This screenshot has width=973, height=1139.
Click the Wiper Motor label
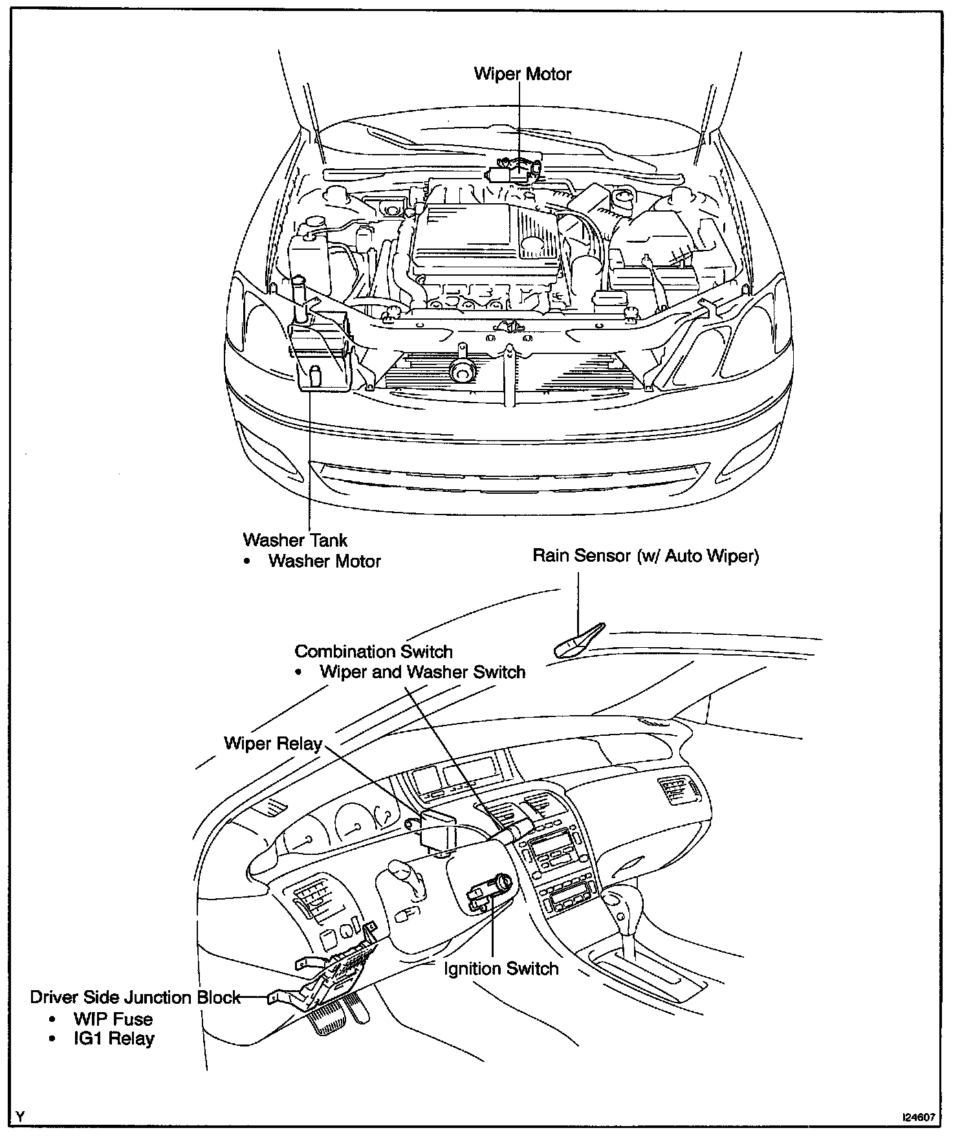[x=523, y=74]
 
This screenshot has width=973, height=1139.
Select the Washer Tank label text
[x=295, y=540]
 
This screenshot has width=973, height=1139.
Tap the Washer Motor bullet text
[x=324, y=560]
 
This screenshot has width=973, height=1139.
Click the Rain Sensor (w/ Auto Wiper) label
[x=645, y=555]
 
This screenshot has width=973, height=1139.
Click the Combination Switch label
[x=373, y=651]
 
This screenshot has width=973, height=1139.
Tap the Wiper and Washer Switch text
[x=422, y=672]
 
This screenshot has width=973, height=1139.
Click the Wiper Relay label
[x=273, y=743]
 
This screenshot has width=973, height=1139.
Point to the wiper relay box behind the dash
[x=436, y=828]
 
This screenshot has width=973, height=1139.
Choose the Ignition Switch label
[x=501, y=969]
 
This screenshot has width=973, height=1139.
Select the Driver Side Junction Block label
[x=135, y=997]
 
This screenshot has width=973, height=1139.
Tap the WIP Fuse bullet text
[x=113, y=1019]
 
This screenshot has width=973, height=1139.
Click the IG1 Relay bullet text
[x=114, y=1039]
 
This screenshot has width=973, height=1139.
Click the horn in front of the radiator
[x=461, y=370]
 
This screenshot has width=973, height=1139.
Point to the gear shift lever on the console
[x=618, y=906]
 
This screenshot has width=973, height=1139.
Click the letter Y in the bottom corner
[x=22, y=1116]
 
